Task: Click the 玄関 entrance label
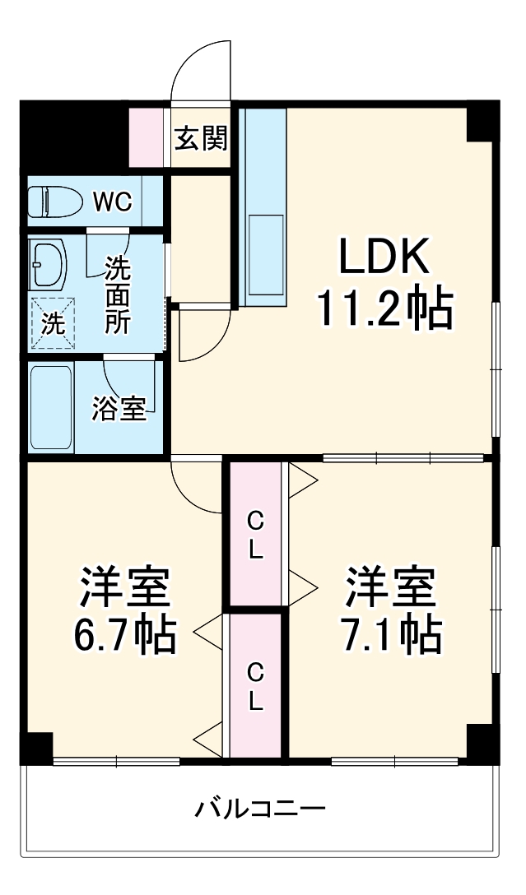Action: [x=201, y=140]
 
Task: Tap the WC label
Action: [x=111, y=202]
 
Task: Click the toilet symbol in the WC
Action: [x=52, y=202]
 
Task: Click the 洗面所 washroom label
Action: [x=117, y=294]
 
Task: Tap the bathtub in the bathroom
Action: [x=52, y=407]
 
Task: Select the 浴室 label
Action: [x=119, y=409]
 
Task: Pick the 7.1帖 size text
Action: [x=390, y=633]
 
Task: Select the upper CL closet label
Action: [x=256, y=535]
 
